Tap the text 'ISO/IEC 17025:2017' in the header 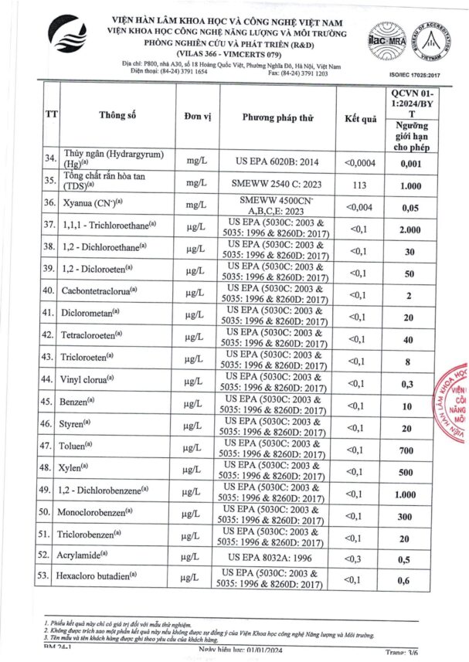[x=419, y=75]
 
